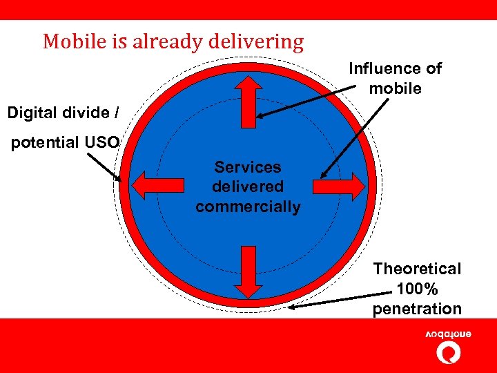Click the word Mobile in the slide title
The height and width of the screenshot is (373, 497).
click(68, 42)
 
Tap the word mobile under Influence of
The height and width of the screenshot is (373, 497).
click(395, 88)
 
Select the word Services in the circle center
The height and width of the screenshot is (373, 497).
click(248, 167)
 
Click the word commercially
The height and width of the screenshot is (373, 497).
click(248, 207)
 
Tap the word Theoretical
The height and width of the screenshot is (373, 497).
click(417, 269)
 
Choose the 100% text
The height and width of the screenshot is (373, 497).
click(417, 289)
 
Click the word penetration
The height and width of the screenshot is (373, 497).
click(417, 309)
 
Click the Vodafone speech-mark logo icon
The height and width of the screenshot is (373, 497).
click(449, 352)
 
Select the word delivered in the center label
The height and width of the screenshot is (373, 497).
click(248, 186)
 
